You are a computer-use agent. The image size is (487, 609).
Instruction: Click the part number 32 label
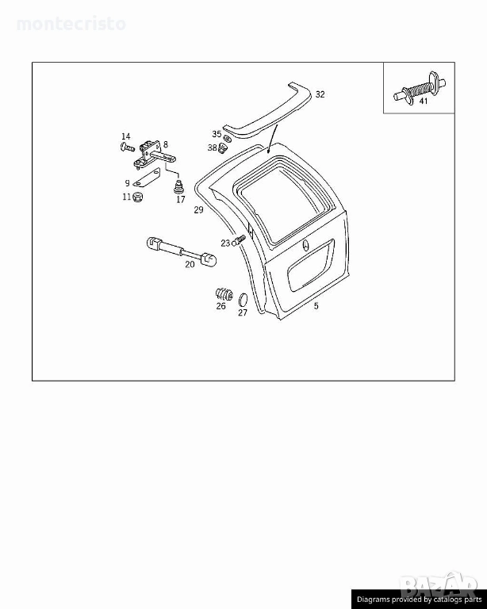pyautogui.click(x=320, y=94)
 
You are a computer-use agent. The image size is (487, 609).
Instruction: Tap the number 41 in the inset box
pyautogui.click(x=423, y=101)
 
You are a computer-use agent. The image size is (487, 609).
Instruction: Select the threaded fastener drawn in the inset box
pyautogui.click(x=420, y=89)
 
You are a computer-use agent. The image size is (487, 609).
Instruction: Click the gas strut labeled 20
pyautogui.click(x=182, y=251)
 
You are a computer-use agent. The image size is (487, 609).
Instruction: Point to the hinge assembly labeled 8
pyautogui.click(x=151, y=155)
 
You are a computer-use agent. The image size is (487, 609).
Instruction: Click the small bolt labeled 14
pyautogui.click(x=127, y=147)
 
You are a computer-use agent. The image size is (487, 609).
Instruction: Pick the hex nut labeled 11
pyautogui.click(x=137, y=197)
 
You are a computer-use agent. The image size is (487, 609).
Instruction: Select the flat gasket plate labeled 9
pyautogui.click(x=147, y=178)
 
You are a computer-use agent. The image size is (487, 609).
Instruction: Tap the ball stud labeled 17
pyautogui.click(x=178, y=187)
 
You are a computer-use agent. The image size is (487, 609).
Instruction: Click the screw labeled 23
pyautogui.click(x=240, y=239)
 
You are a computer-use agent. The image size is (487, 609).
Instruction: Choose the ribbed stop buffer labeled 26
pyautogui.click(x=224, y=293)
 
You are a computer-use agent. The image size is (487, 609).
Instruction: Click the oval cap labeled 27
pyautogui.click(x=243, y=300)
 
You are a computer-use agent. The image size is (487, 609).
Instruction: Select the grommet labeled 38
pyautogui.click(x=224, y=148)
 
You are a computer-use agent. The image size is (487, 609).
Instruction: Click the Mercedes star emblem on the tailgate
pyautogui.click(x=305, y=247)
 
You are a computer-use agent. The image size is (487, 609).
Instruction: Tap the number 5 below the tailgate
pyautogui.click(x=316, y=306)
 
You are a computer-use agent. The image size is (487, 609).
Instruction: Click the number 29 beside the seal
pyautogui.click(x=198, y=210)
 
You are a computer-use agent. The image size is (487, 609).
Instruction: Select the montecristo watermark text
pyautogui.click(x=71, y=24)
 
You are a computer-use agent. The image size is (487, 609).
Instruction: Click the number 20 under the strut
pyautogui.click(x=190, y=265)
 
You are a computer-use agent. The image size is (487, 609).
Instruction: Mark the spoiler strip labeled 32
pyautogui.click(x=268, y=111)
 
